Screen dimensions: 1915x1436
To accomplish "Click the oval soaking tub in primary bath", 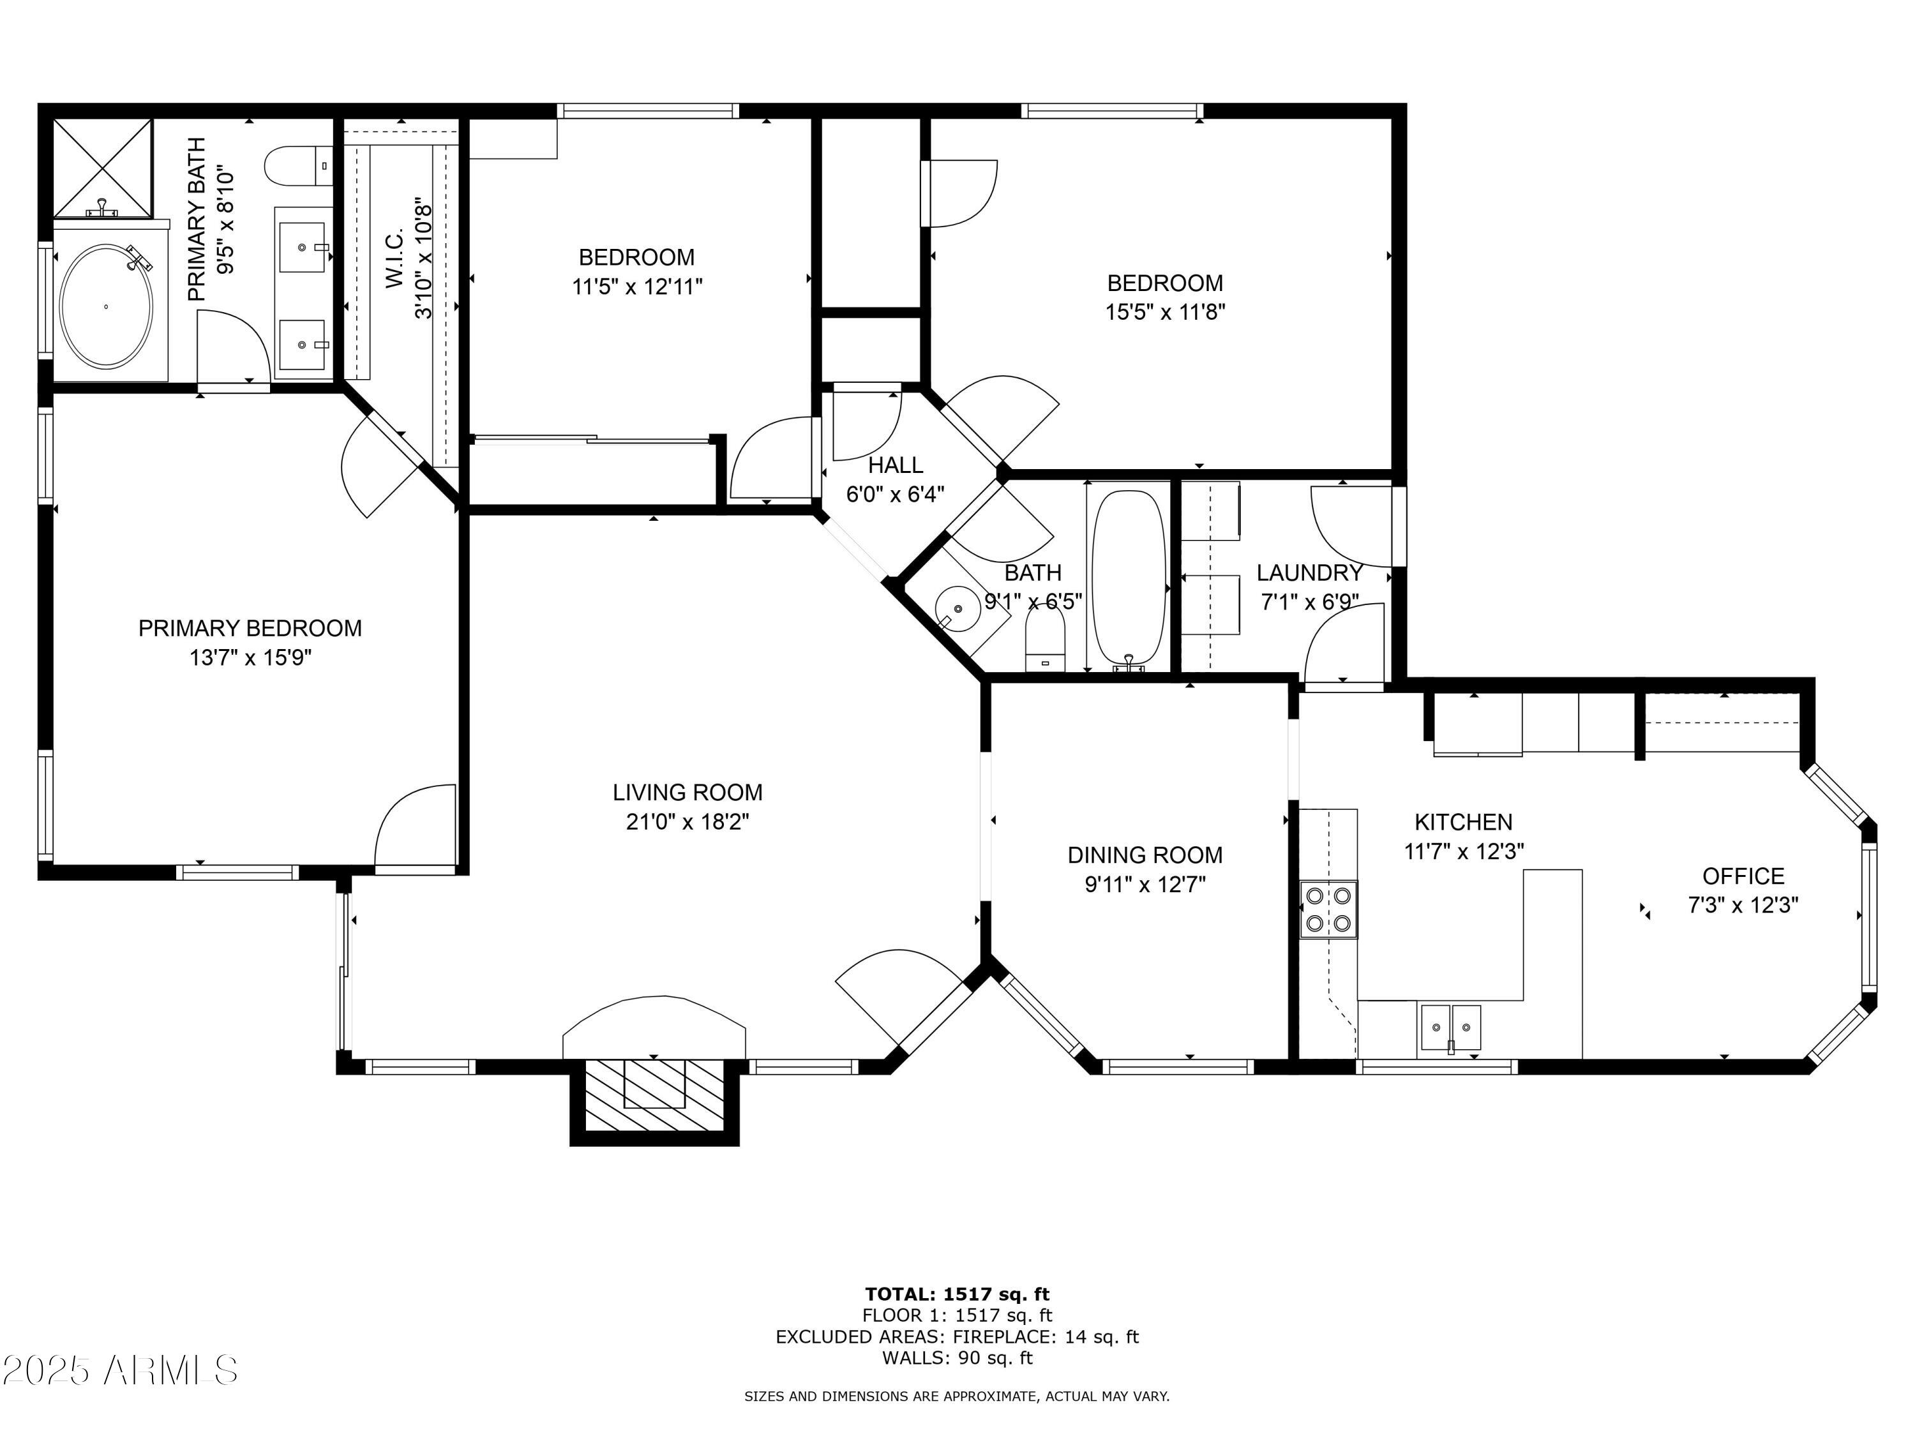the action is [105, 306].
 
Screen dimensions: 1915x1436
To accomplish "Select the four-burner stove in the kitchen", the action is [1328, 909].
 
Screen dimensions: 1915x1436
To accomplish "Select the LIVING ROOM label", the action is [687, 792].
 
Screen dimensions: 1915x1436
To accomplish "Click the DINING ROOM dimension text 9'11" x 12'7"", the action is [1145, 885].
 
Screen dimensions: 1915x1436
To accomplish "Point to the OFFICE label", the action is [1743, 876].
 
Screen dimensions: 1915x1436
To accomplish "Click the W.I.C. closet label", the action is [394, 259].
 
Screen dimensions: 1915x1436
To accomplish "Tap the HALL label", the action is [895, 465].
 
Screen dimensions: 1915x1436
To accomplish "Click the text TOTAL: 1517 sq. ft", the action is [957, 1294].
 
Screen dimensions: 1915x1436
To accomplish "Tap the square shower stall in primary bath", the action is [102, 167].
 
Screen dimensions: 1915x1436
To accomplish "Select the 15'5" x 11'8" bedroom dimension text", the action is [1164, 311].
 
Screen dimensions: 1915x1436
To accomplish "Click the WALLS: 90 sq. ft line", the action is [957, 1358].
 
